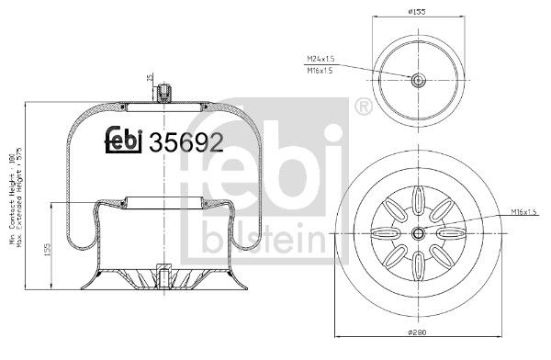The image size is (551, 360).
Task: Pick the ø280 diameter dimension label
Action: click(419, 347)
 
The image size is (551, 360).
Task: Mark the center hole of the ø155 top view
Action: click(418, 80)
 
